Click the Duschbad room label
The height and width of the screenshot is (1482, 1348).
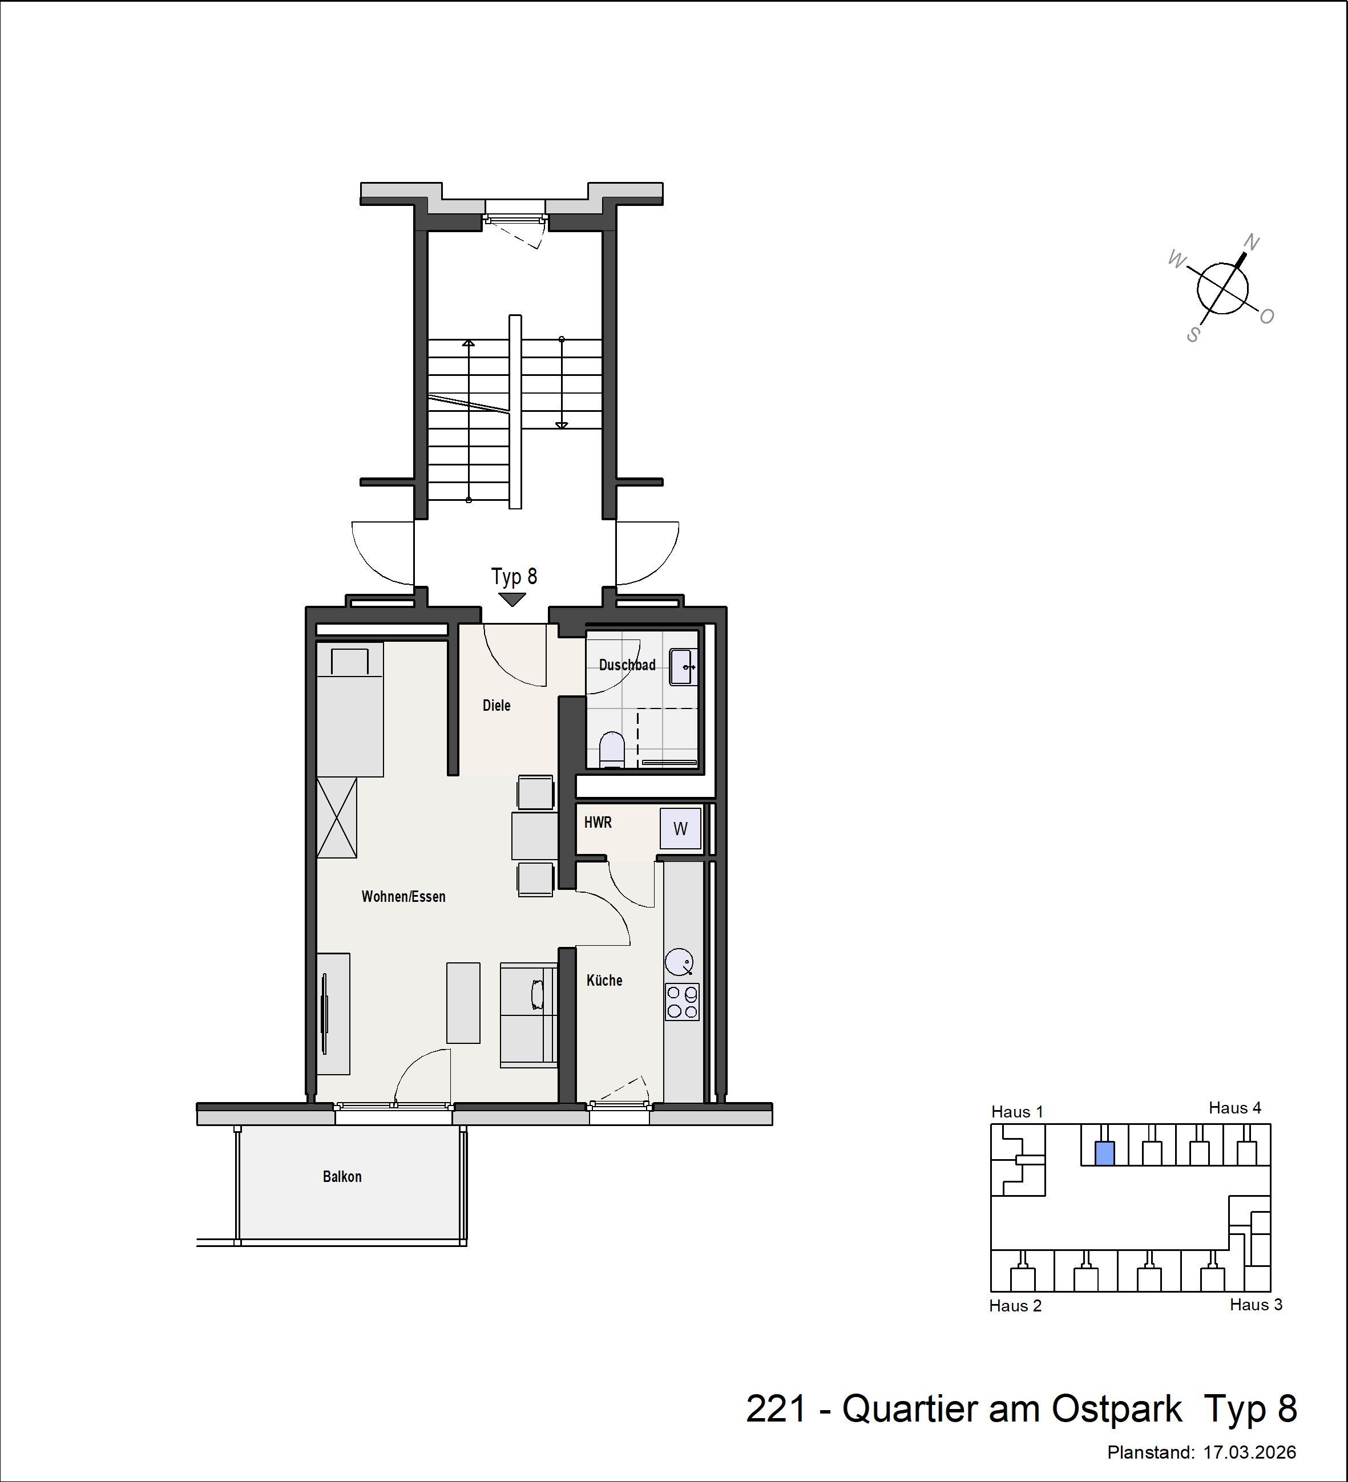tap(627, 665)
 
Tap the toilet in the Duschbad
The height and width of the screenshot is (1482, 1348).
tap(612, 750)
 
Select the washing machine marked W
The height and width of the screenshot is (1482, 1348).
tap(680, 828)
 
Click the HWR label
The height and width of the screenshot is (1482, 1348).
tap(598, 823)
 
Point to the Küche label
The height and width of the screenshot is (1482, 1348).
tap(604, 980)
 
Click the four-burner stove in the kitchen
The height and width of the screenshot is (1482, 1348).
tap(683, 1002)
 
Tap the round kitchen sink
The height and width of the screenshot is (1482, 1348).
tap(679, 962)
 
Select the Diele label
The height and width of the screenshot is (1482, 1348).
tap(497, 706)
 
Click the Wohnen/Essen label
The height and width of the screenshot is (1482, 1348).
tap(403, 896)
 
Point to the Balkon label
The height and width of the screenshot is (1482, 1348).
tap(342, 1176)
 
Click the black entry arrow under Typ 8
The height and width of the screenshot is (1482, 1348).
tap(512, 599)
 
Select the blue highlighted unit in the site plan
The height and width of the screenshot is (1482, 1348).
tap(1104, 1153)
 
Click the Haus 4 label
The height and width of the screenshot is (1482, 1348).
tap(1235, 1108)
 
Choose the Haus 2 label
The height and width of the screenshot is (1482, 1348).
tap(1015, 1306)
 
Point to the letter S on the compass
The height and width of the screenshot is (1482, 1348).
tap(1193, 335)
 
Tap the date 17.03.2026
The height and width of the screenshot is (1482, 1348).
tap(1249, 1452)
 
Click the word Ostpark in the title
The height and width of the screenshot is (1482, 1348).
tap(1117, 1408)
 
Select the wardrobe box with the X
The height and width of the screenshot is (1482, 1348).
tap(337, 817)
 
